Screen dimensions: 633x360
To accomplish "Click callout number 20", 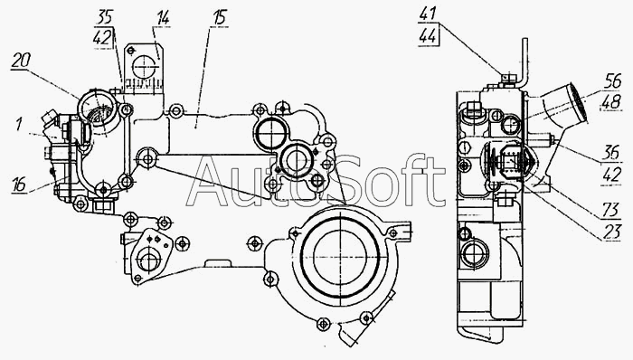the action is coord(21,61).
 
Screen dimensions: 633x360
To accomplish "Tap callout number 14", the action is coord(162,18).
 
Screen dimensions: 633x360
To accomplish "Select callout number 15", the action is coord(220,18).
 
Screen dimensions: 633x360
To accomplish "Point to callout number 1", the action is coord(19,124).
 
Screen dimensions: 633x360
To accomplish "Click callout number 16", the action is coord(19,184).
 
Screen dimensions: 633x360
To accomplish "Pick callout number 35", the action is coord(105,18).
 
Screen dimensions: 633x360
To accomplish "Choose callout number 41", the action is coord(428,14).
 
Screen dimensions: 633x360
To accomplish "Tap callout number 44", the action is coord(428,36).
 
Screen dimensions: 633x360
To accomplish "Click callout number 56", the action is coord(612,81).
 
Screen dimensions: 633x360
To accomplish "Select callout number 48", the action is coord(611,101).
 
